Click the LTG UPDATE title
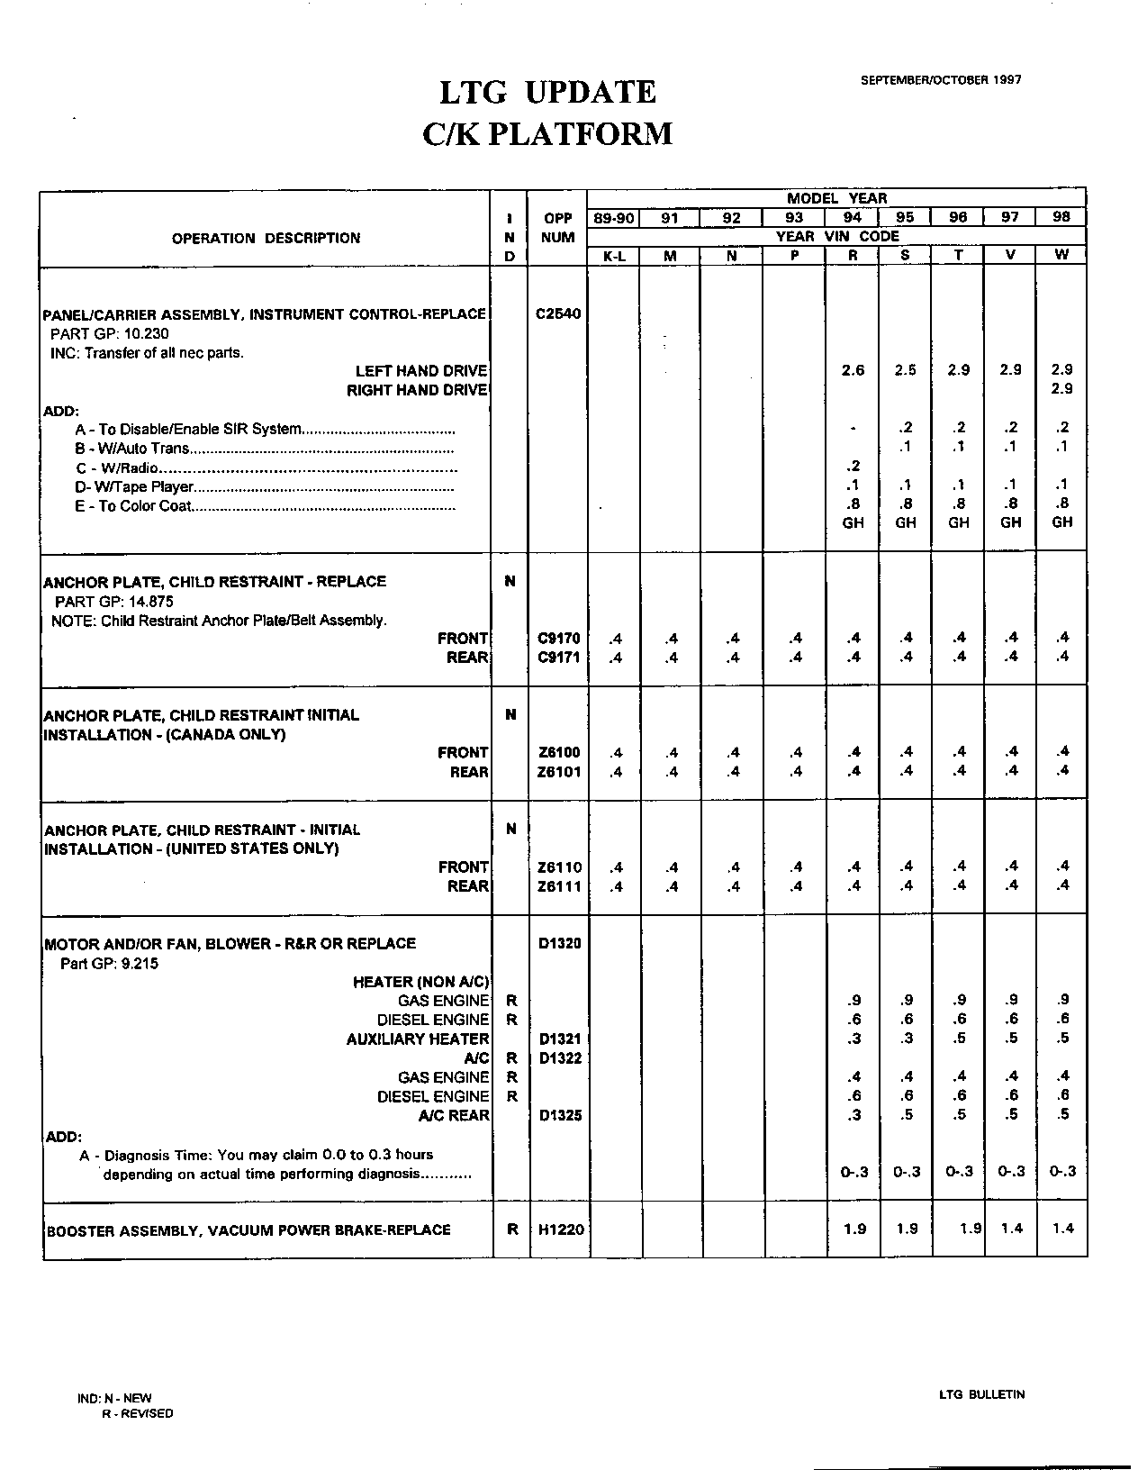point(547,92)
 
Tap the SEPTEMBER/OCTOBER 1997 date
point(941,79)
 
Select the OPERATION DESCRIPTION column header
point(266,238)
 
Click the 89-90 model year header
point(613,217)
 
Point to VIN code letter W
point(1061,255)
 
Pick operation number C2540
point(558,314)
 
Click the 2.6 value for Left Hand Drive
point(853,370)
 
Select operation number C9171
point(558,658)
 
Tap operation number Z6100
point(558,753)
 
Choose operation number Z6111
point(558,886)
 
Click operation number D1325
point(558,1115)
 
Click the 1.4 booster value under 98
point(1062,1229)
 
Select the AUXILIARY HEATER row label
point(418,1039)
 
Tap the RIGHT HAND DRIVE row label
point(417,390)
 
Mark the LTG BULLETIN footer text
point(981,1394)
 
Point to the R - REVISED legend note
point(137,1413)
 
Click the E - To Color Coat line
point(133,506)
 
